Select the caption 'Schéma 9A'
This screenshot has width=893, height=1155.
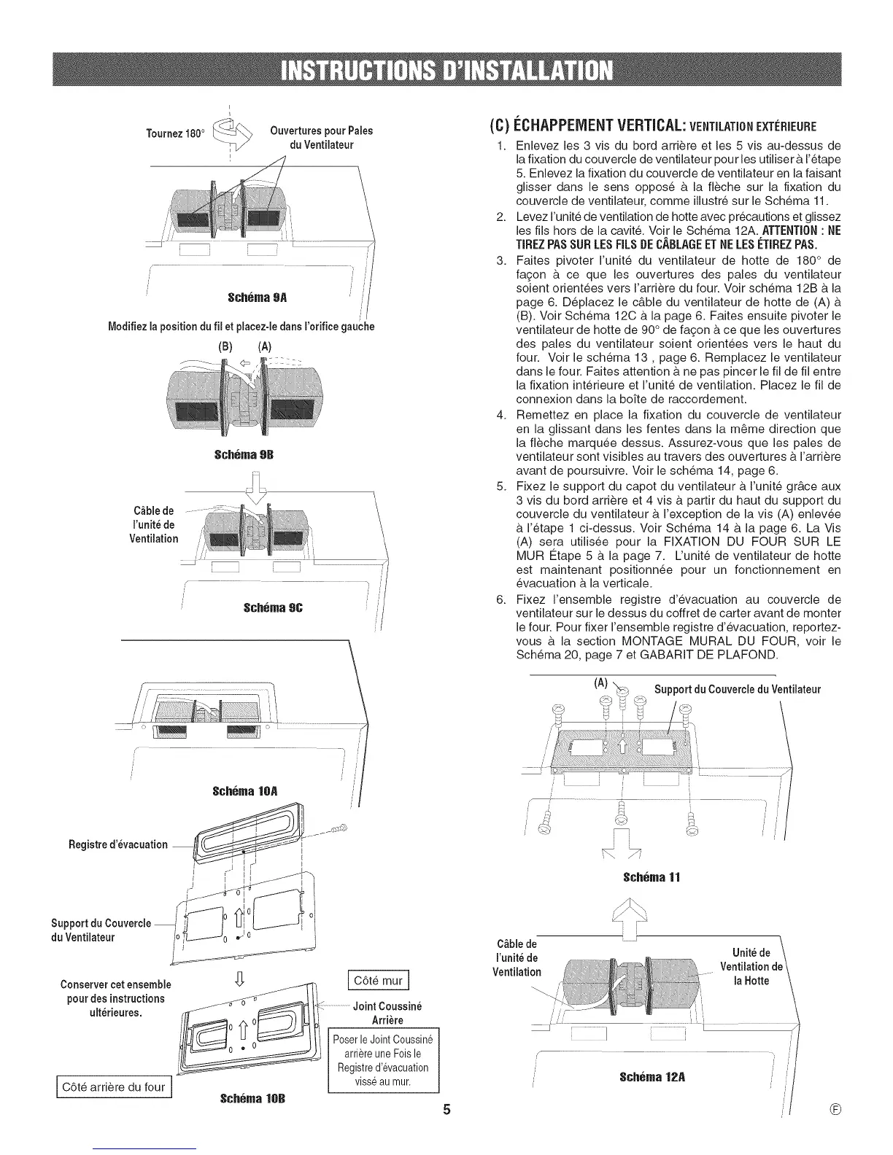[248, 297]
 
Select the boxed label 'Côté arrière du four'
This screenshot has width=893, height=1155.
[114, 1087]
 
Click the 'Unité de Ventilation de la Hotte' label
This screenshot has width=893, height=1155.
[751, 966]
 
